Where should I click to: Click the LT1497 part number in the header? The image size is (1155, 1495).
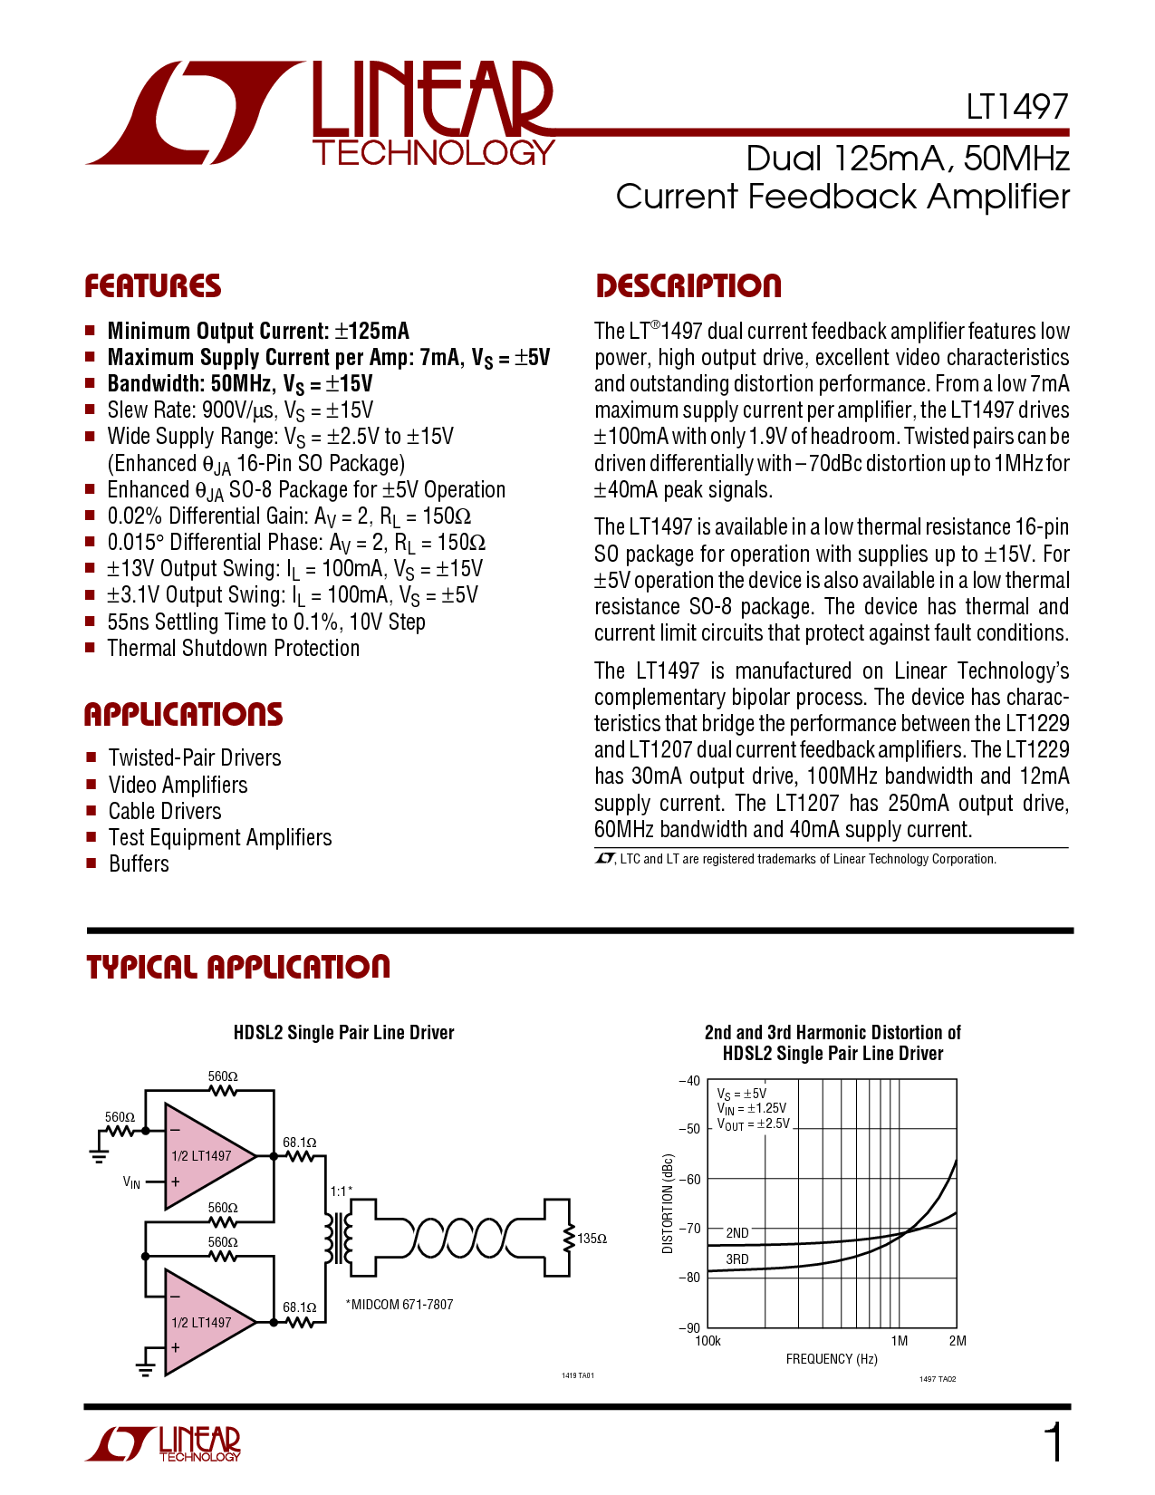(1016, 108)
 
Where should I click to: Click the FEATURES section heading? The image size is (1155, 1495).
(152, 286)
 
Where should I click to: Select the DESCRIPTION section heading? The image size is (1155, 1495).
(688, 286)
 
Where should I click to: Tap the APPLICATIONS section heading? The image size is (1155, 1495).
(183, 715)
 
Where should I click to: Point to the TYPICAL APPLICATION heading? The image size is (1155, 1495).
(237, 967)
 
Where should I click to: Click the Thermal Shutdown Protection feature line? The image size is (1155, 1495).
(233, 649)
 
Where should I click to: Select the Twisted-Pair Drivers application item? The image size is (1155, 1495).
(194, 758)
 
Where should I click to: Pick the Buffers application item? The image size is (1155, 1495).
(139, 864)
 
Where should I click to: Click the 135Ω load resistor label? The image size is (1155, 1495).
(592, 1239)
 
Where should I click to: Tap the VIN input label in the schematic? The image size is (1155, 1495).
(131, 1182)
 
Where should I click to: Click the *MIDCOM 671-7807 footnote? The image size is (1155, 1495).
(399, 1305)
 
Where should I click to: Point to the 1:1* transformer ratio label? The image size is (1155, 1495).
(341, 1191)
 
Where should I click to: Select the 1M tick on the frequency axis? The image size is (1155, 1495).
(899, 1341)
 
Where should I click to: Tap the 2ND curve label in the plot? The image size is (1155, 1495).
(737, 1233)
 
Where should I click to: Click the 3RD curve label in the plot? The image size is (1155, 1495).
(737, 1259)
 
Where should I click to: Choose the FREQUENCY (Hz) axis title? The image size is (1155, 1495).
(832, 1359)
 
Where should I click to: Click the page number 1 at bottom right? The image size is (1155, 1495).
(1054, 1444)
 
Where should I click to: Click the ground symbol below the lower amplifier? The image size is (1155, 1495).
(145, 1368)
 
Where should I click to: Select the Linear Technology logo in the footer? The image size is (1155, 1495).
(163, 1444)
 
